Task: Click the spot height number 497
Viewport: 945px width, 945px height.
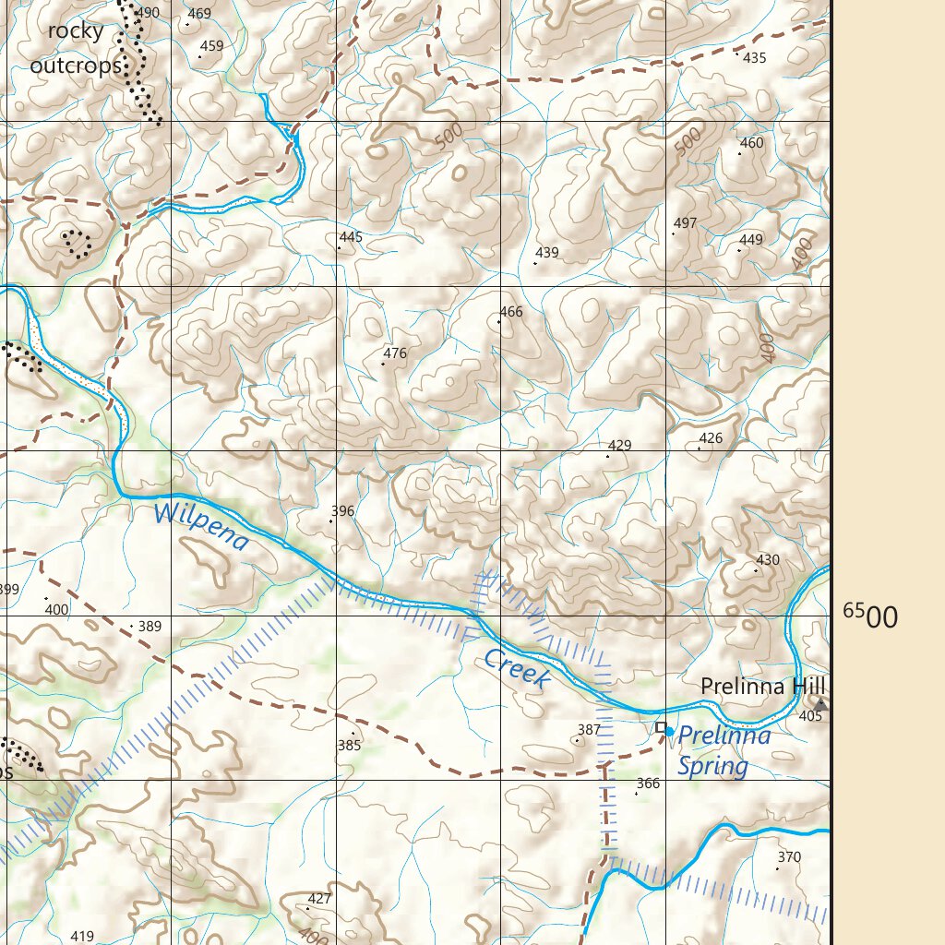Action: (x=685, y=223)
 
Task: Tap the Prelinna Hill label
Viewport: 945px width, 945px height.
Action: (x=762, y=687)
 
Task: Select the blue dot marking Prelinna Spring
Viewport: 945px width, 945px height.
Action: (x=670, y=732)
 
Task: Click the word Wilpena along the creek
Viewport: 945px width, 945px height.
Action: (x=201, y=526)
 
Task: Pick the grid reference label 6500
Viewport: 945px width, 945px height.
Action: (x=869, y=616)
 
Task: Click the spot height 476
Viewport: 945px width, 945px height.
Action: (x=395, y=353)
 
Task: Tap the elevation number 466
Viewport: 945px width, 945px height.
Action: (x=510, y=312)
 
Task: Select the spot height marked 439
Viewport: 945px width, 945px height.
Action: (x=547, y=253)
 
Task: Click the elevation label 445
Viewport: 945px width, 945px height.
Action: (x=351, y=237)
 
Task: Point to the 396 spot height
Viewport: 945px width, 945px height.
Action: (x=342, y=511)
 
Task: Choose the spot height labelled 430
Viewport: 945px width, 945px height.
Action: (x=768, y=560)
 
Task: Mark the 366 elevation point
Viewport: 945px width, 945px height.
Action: (x=648, y=784)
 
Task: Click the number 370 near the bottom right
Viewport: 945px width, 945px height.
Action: (x=789, y=857)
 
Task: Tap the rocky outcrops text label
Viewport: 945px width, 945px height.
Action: (x=76, y=49)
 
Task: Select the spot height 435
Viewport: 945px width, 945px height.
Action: (x=754, y=58)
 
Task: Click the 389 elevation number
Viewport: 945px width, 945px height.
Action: (x=150, y=627)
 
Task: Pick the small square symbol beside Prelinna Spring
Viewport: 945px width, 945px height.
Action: (x=661, y=728)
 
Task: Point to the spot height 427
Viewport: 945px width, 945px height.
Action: (x=319, y=899)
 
